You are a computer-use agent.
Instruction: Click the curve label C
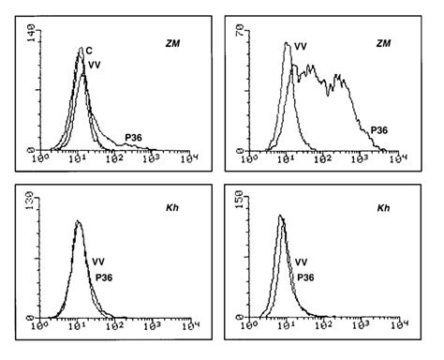[x=88, y=50]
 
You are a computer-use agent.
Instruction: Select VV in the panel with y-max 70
[x=301, y=44]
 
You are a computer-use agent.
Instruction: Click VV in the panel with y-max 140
[x=95, y=64]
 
